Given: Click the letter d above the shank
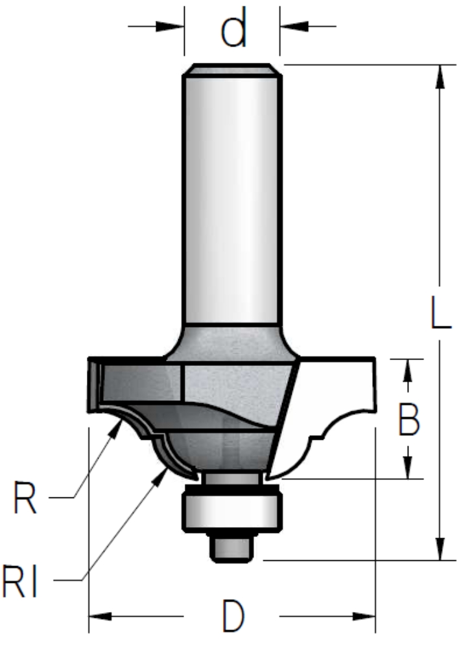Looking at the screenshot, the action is (234, 27).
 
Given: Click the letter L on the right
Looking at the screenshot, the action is (440, 312).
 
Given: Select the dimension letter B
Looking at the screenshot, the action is (409, 418).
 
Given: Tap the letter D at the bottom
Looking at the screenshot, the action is (233, 617).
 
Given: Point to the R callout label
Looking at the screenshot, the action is (25, 497).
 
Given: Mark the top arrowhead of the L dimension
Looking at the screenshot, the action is (440, 76).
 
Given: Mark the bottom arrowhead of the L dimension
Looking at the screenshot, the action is (440, 549).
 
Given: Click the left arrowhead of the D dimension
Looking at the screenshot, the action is (100, 617).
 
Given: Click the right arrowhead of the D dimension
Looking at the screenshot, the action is (364, 617).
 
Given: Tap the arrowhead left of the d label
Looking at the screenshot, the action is (169, 27).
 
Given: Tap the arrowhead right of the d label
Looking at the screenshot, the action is (294, 27).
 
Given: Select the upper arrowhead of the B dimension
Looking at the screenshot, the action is (408, 370).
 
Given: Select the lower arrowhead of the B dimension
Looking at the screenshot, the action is (408, 467).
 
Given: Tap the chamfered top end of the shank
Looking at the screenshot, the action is (232, 69).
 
